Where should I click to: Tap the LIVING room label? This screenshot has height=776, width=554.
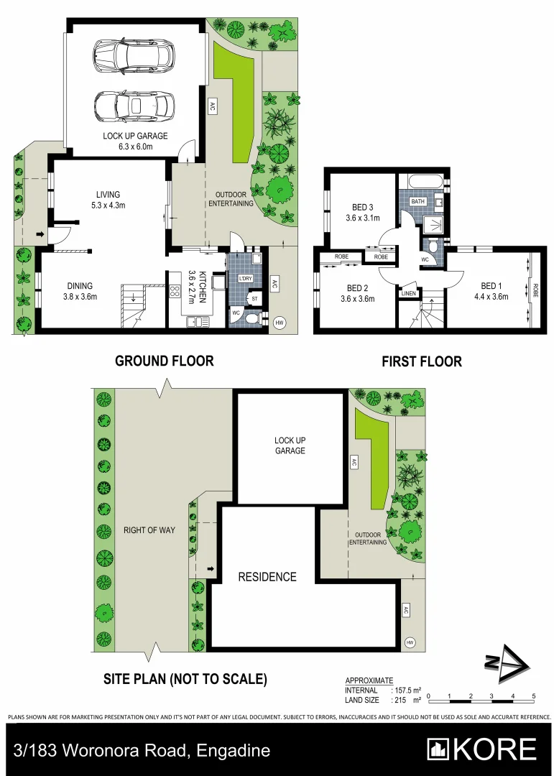[x=108, y=194]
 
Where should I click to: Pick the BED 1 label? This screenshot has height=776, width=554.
[x=490, y=286]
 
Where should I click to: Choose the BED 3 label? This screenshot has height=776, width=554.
[x=362, y=208]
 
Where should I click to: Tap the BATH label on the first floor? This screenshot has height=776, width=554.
[x=418, y=202]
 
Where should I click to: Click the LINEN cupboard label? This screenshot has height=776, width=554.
[x=409, y=293]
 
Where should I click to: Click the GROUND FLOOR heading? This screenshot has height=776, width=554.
[x=164, y=361]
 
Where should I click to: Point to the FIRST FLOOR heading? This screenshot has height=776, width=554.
[x=421, y=361]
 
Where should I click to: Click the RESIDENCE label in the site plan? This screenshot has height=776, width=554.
[x=267, y=576]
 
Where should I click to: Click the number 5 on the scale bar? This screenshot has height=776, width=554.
[x=534, y=696]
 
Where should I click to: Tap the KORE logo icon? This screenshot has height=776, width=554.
[x=439, y=749]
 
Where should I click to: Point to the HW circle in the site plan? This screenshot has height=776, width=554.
[x=410, y=642]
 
